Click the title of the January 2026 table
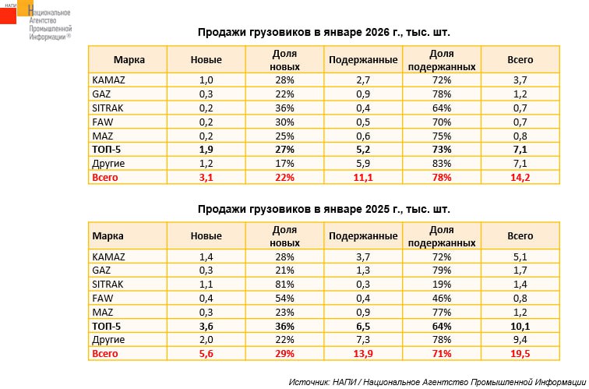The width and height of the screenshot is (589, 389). [323, 34]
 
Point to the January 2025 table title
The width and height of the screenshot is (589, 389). [323, 210]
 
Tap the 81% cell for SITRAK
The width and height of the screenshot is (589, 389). [284, 285]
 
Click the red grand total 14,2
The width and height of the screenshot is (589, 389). [520, 179]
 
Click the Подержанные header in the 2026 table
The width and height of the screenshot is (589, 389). [363, 60]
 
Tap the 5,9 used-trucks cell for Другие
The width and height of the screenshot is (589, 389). [363, 164]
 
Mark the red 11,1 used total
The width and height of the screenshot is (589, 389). [363, 179]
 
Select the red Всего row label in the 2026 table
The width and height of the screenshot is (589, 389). [105, 179]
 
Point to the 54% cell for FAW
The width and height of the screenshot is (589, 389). [284, 299]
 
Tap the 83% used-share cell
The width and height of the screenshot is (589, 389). [441, 164]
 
